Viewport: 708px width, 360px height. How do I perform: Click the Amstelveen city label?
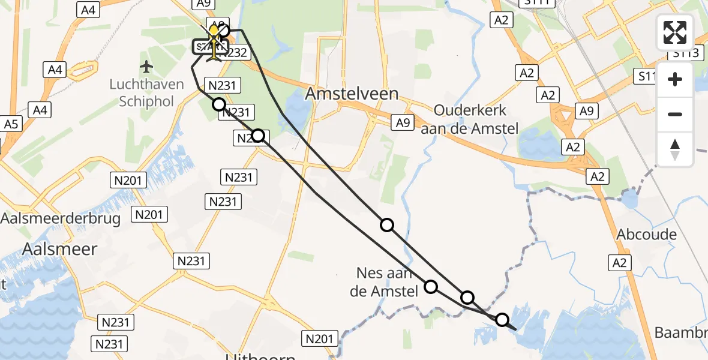click(x=352, y=94)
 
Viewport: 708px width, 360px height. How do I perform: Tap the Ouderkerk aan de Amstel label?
click(x=470, y=119)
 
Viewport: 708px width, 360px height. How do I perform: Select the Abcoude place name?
click(x=647, y=234)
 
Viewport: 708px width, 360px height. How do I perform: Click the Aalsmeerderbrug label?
click(x=60, y=218)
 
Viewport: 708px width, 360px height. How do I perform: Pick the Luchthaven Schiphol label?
click(x=146, y=92)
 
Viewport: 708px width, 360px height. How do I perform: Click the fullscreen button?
click(x=675, y=32)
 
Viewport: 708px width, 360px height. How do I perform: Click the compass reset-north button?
click(x=675, y=149)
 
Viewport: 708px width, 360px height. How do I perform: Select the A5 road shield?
click(x=11, y=124)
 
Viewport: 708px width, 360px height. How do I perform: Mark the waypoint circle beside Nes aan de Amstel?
click(x=431, y=286)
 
